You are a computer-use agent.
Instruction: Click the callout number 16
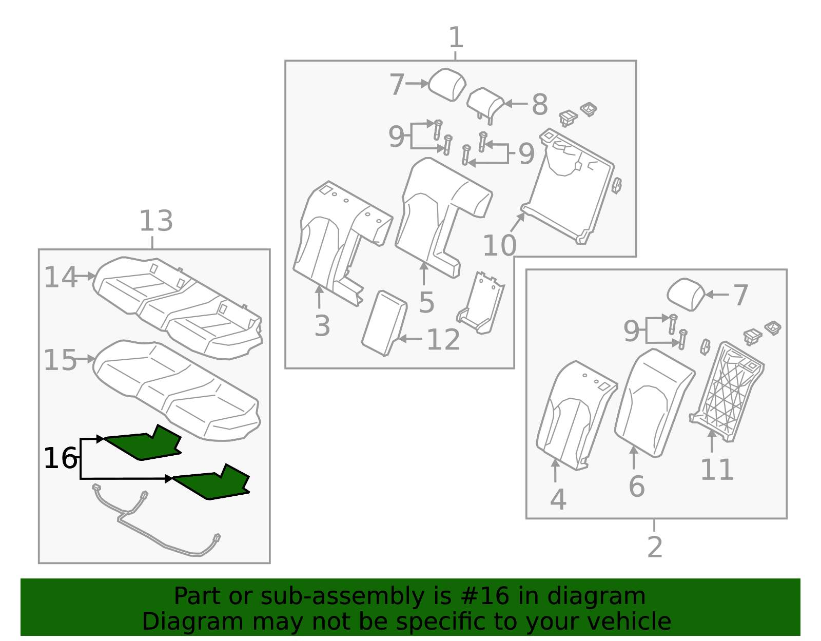pyautogui.click(x=61, y=458)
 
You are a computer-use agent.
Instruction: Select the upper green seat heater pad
pyautogui.click(x=144, y=444)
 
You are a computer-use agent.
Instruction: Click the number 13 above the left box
pyautogui.click(x=156, y=222)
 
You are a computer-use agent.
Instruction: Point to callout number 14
pyautogui.click(x=60, y=278)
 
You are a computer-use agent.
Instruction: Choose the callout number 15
pyautogui.click(x=60, y=360)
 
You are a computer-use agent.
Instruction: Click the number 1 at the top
pyautogui.click(x=456, y=38)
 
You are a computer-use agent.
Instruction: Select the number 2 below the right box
pyautogui.click(x=655, y=548)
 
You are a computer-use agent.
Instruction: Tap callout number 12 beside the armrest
pyautogui.click(x=443, y=340)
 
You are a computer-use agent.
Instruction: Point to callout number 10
pyautogui.click(x=499, y=246)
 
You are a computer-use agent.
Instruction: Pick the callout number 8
pyautogui.click(x=539, y=105)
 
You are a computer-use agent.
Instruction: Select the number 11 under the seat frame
pyautogui.click(x=717, y=470)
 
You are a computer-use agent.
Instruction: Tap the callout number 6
pyautogui.click(x=636, y=487)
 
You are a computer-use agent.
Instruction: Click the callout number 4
pyautogui.click(x=558, y=499)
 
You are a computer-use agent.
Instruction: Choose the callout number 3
pyautogui.click(x=322, y=326)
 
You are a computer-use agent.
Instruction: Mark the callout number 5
pyautogui.click(x=426, y=303)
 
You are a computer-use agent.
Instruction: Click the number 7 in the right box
pyautogui.click(x=740, y=296)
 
